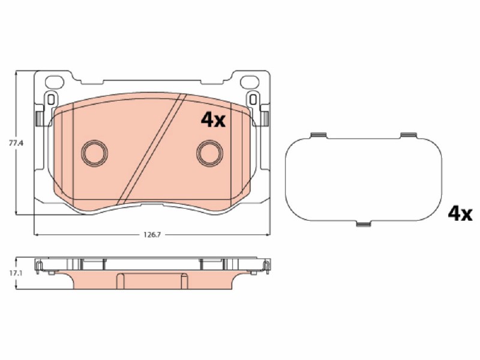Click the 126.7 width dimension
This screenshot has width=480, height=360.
click(152, 235)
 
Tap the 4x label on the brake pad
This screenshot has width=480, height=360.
click(213, 121)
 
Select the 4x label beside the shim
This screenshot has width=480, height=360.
click(460, 214)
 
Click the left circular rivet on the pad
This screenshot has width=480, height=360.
click(94, 153)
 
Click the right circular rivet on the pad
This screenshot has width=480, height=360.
click(209, 153)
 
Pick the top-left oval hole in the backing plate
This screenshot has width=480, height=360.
click(55, 82)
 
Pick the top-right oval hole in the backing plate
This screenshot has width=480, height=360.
click(250, 82)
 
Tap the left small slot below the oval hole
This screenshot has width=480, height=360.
click(51, 100)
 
